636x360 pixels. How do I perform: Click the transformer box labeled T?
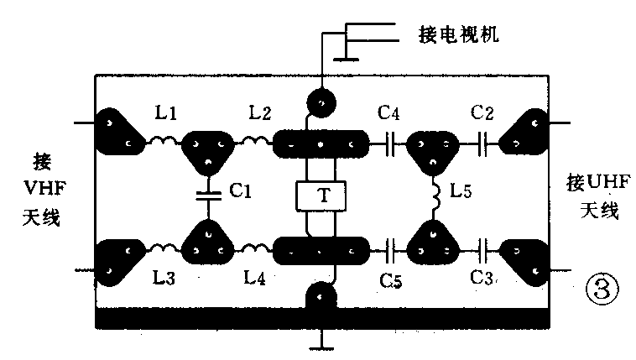coord(322,196)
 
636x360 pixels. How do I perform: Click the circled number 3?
coord(599,290)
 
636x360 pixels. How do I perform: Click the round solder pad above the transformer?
coord(321,102)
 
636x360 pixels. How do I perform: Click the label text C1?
coord(241,191)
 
